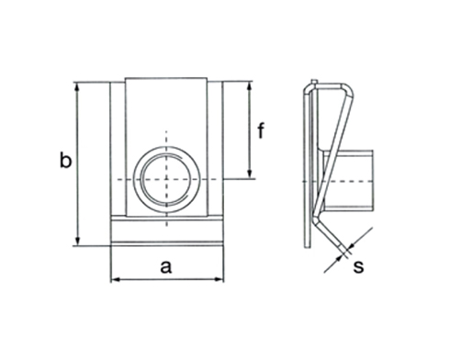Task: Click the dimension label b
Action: [65, 160]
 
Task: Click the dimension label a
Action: [166, 266]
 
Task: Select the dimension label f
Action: [261, 130]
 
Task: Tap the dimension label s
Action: [358, 266]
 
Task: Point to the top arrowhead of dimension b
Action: [77, 87]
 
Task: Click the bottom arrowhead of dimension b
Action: [78, 241]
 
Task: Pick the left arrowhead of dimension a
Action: [116, 279]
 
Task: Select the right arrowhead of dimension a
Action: [219, 279]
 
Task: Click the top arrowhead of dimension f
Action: [250, 86]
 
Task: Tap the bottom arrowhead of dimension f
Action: [250, 174]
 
